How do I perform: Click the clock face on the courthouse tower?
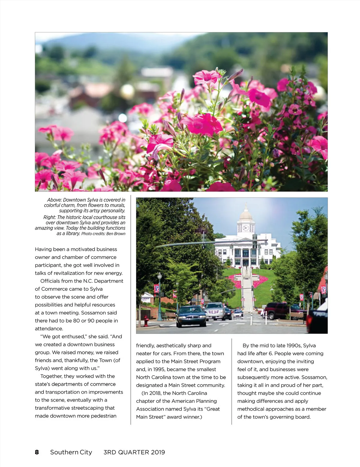(x=246, y=228)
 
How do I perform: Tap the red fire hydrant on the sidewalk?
(x=146, y=321)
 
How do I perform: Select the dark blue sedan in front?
(x=191, y=316)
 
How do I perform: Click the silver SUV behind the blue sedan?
(x=215, y=311)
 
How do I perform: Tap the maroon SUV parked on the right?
(x=277, y=311)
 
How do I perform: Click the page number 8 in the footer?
(x=37, y=452)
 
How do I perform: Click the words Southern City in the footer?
(x=71, y=452)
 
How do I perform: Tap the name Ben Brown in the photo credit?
(x=116, y=234)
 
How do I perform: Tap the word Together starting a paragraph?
(x=52, y=376)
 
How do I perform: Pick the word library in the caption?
(x=73, y=233)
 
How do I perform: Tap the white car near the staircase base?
(x=238, y=314)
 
